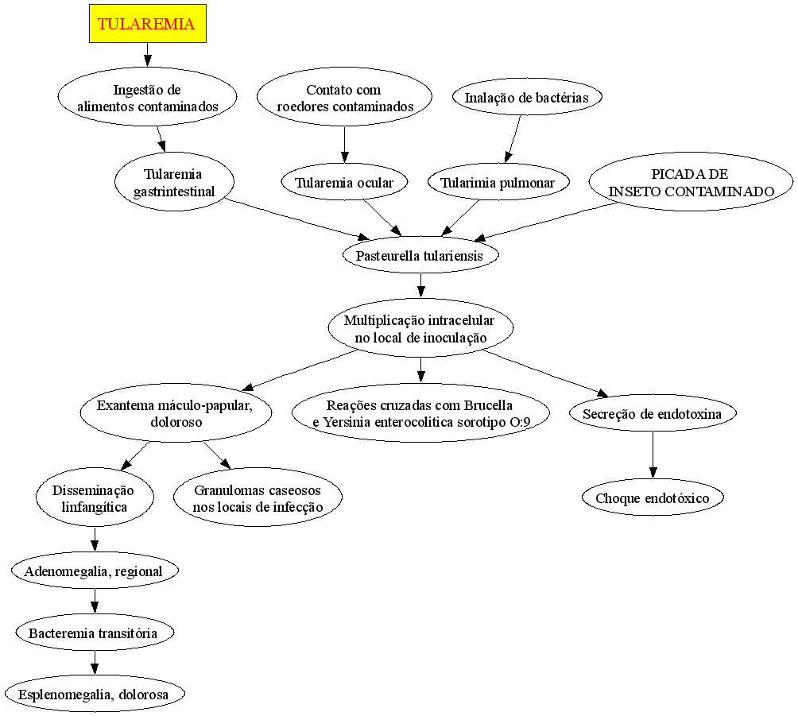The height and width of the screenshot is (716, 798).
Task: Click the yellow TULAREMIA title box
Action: [148, 23]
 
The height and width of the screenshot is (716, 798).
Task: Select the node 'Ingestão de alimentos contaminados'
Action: [148, 97]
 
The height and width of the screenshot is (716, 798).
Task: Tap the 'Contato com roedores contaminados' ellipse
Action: [344, 97]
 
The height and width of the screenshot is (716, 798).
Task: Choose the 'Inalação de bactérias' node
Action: [527, 97]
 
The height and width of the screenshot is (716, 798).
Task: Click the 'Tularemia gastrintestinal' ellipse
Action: [175, 182]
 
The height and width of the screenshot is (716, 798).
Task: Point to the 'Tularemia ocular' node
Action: [344, 182]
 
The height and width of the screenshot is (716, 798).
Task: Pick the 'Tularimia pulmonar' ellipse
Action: [498, 182]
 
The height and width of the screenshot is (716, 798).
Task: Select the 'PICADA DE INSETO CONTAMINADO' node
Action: [691, 182]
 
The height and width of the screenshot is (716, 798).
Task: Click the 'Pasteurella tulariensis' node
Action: [420, 255]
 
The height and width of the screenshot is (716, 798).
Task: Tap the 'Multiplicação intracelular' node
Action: [420, 328]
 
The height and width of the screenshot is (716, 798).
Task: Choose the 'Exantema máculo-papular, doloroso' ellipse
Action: [176, 413]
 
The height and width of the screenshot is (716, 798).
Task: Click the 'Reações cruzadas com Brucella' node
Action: [420, 413]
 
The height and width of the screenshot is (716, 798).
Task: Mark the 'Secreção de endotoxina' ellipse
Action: [653, 413]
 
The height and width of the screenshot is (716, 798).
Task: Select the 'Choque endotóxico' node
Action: [653, 497]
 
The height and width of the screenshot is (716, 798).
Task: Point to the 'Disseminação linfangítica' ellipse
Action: [95, 497]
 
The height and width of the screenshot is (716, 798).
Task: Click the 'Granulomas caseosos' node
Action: [258, 497]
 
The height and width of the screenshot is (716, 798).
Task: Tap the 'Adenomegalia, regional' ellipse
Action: [95, 571]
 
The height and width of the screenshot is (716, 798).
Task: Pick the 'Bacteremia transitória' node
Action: [95, 633]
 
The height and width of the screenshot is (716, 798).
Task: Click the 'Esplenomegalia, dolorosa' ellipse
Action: [95, 694]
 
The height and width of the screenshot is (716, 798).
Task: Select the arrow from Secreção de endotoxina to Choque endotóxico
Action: [653, 455]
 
